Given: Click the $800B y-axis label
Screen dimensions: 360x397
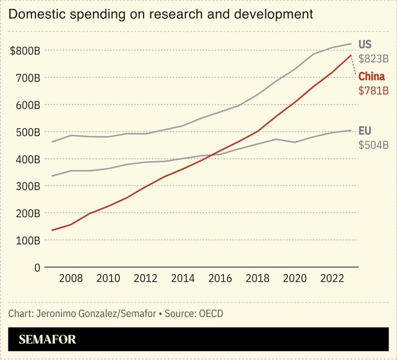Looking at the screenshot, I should coord(25,51).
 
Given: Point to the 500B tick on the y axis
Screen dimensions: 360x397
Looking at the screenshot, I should coord(27,132).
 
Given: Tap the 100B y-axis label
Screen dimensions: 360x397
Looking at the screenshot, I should coord(27,240).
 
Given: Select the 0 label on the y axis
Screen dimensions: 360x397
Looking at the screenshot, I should coord(36,267).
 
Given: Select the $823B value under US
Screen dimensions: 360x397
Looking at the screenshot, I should coord(373,59).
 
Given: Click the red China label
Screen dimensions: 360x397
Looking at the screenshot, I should coord(372,77).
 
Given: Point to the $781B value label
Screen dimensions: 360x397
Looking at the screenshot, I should coord(373,91).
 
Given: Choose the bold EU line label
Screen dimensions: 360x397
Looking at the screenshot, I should coord(365,131).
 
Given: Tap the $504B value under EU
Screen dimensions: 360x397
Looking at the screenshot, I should coord(373,145).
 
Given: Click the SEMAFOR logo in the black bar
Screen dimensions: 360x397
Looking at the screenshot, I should coord(48,340).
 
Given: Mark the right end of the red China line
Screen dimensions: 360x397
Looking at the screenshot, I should coord(351,56).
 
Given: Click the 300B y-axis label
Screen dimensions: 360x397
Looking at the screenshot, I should coord(27,186).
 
